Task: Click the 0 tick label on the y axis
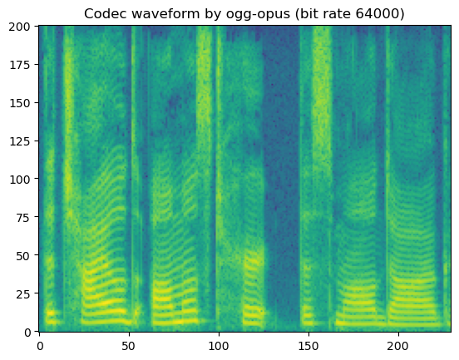coord(27,332)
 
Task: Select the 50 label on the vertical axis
coord(24,255)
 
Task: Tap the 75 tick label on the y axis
coord(24,217)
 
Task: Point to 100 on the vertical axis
coord(21,179)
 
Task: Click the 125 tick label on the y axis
coord(21,141)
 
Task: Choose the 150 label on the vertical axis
coord(21,102)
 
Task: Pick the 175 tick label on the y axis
coord(21,64)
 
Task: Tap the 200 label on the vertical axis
coord(21,26)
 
